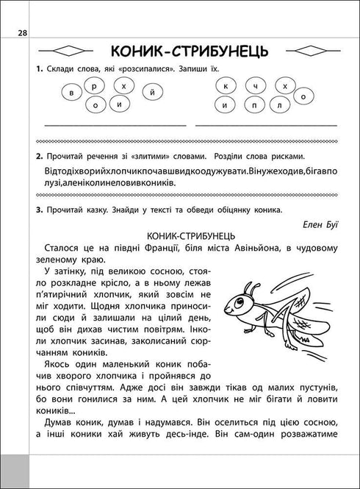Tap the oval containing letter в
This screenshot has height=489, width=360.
(x=72, y=95)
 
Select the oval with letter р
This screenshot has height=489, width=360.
(x=95, y=87)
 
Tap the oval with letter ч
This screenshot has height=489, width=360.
(x=255, y=87)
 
